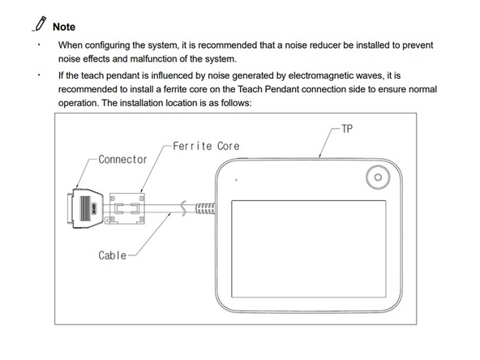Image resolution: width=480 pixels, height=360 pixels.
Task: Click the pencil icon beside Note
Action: [x=40, y=24]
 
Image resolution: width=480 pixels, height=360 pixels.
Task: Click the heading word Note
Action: [x=64, y=27]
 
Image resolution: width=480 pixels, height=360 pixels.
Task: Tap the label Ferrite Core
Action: [x=206, y=146]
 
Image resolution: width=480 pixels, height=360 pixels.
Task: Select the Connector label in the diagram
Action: [x=122, y=160]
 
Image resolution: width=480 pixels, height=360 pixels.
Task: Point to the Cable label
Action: [x=113, y=255]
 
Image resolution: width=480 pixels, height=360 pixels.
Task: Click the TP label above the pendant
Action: [x=347, y=129]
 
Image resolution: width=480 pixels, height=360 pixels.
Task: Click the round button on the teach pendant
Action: [x=378, y=177]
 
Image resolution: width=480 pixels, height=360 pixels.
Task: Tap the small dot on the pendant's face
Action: [x=236, y=180]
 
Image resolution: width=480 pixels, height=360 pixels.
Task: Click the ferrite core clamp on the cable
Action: [x=125, y=208]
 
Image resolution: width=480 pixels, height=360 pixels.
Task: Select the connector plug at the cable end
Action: [x=85, y=208]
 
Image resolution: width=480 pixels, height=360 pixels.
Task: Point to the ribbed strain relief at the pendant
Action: [x=205, y=208]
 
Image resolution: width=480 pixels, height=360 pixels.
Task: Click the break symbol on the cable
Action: [x=183, y=208]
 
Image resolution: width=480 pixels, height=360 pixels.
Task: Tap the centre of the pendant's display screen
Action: [x=309, y=249]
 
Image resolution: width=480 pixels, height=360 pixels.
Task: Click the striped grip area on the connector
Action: [x=85, y=208]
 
